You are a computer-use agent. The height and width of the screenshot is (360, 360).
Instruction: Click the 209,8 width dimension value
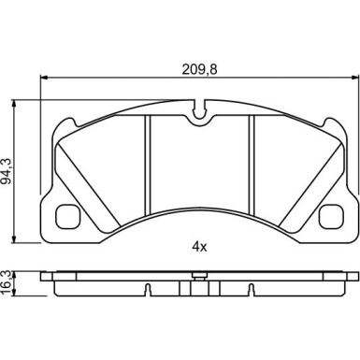[199, 69]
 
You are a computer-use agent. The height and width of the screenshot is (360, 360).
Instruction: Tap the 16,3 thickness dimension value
[7, 283]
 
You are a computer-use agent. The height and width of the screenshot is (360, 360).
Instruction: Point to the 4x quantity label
[199, 247]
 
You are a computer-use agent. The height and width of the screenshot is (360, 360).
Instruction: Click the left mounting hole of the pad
[67, 215]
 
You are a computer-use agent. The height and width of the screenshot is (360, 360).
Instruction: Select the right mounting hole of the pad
[331, 215]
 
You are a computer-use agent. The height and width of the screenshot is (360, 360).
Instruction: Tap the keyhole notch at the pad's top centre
[199, 113]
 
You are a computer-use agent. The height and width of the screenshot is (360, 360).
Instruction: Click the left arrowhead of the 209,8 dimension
[44, 78]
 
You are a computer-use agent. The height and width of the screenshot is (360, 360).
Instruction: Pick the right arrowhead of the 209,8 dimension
[354, 78]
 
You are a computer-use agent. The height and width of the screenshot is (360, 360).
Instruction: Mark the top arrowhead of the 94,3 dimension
[13, 104]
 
